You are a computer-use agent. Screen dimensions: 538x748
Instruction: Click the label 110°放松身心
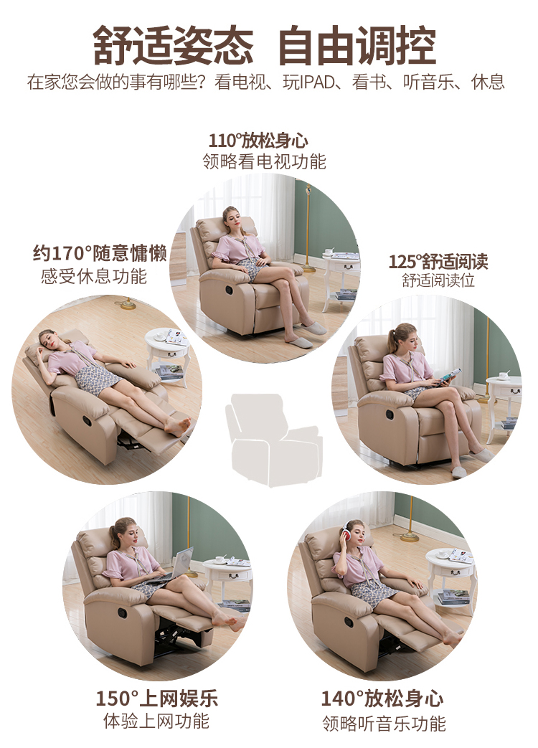pyautogui.click(x=258, y=141)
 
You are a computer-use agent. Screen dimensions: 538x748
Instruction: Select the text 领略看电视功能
pyautogui.click(x=264, y=161)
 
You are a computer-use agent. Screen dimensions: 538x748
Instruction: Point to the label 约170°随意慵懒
pyautogui.click(x=100, y=253)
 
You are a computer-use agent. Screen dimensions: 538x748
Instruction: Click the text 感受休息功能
pyautogui.click(x=94, y=276)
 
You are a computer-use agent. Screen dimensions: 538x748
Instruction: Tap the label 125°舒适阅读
pyautogui.click(x=438, y=262)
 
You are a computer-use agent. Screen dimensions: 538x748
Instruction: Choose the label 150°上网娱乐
pyautogui.click(x=157, y=699)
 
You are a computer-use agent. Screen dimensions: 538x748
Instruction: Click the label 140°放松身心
pyautogui.click(x=382, y=699)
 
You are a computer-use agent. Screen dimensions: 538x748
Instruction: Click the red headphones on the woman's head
pyautogui.click(x=346, y=531)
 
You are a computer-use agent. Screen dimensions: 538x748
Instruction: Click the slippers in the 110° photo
pyautogui.click(x=306, y=334)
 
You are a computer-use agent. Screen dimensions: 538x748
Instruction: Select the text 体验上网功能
pyautogui.click(x=156, y=721)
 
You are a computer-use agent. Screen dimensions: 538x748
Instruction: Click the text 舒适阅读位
pyautogui.click(x=438, y=280)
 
